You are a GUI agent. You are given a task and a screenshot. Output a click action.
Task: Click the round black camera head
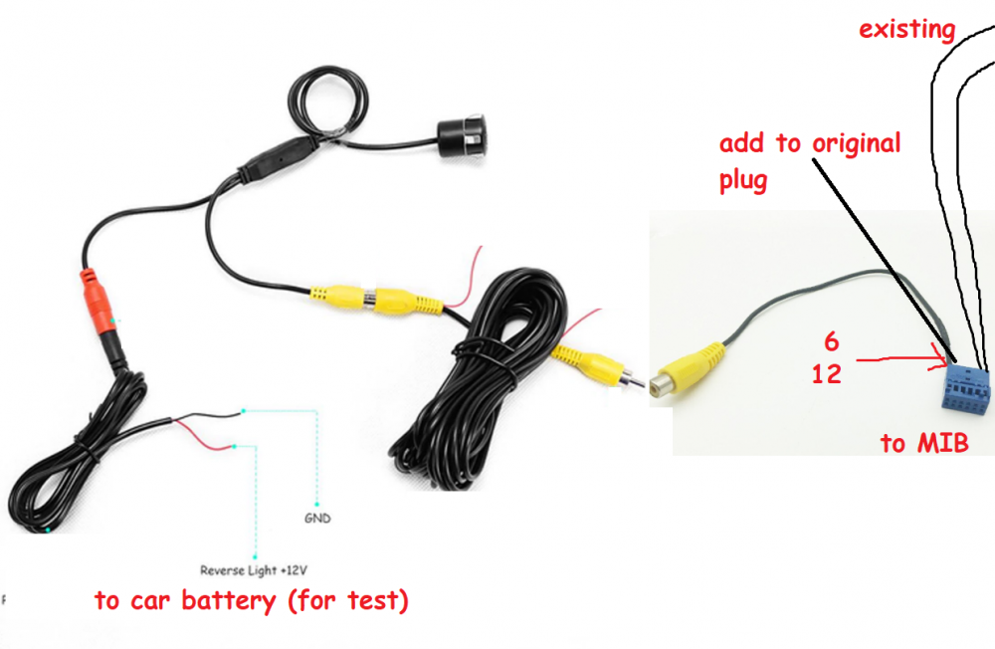[x=462, y=135]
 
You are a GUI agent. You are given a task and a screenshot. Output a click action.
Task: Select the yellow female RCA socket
[x=689, y=371]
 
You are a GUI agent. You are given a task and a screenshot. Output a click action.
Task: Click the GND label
[x=317, y=519]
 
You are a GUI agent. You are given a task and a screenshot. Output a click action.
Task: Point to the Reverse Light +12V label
[x=254, y=570]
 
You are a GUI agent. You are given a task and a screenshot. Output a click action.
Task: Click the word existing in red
[x=906, y=29]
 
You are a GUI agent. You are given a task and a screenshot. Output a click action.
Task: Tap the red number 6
[x=831, y=342]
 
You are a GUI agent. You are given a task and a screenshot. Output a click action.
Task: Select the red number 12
[x=827, y=374]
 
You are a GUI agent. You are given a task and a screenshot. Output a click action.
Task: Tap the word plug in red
[x=743, y=181]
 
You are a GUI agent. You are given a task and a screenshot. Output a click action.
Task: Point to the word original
[x=856, y=144]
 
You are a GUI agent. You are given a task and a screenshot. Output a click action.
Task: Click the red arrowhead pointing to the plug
[x=939, y=358]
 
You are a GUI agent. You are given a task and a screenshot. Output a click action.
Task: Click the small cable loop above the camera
[x=328, y=101]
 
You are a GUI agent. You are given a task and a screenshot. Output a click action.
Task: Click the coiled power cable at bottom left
[x=77, y=457]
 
